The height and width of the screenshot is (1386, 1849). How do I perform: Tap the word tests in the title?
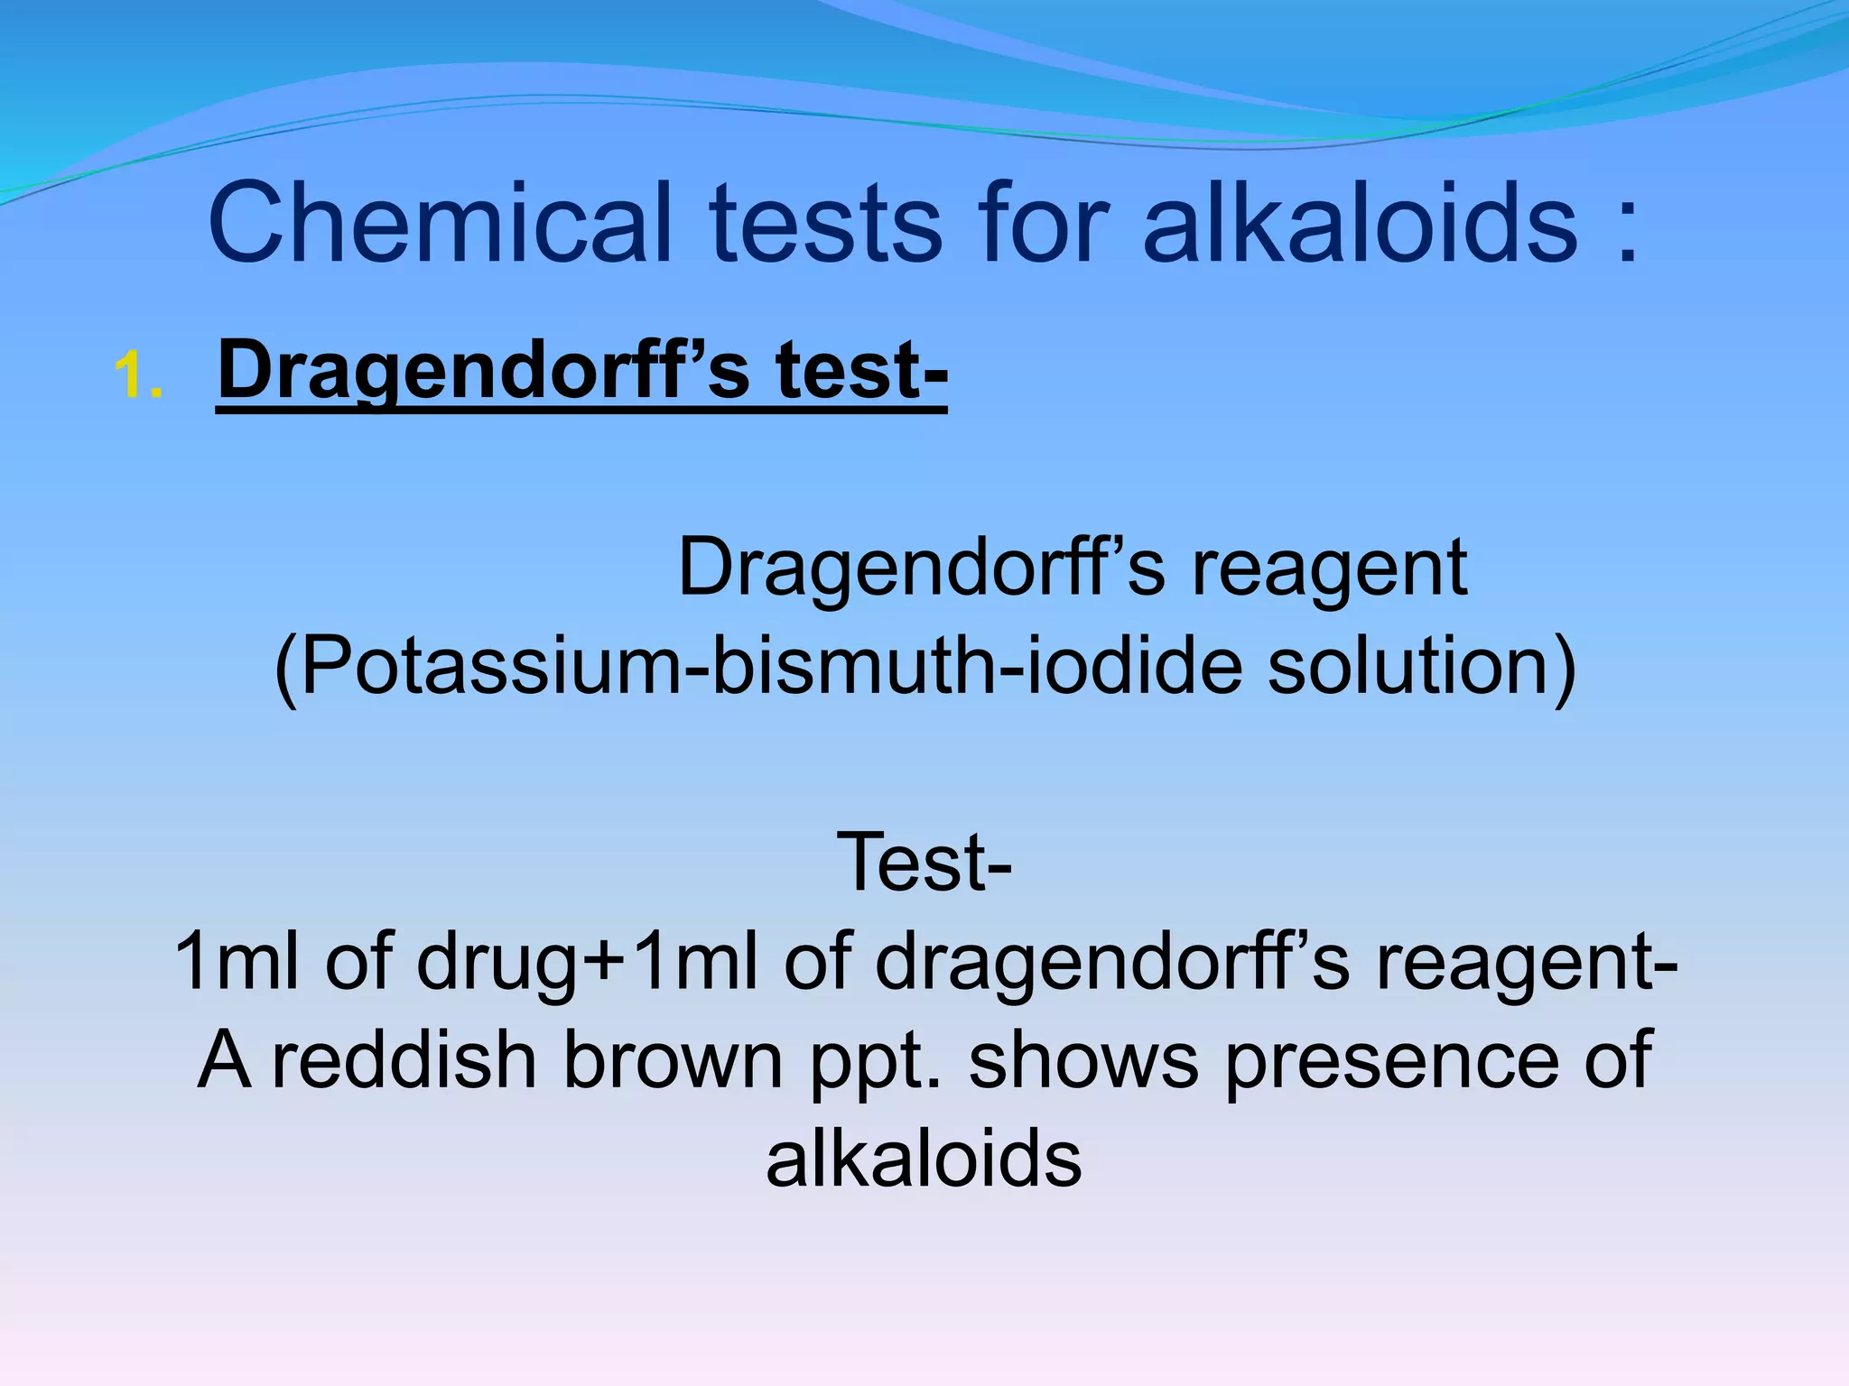point(826,223)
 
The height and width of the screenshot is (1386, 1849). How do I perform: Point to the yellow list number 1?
point(138,375)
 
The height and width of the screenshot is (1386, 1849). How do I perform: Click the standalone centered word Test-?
point(924,863)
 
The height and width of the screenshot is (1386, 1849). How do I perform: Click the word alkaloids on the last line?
point(924,1159)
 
